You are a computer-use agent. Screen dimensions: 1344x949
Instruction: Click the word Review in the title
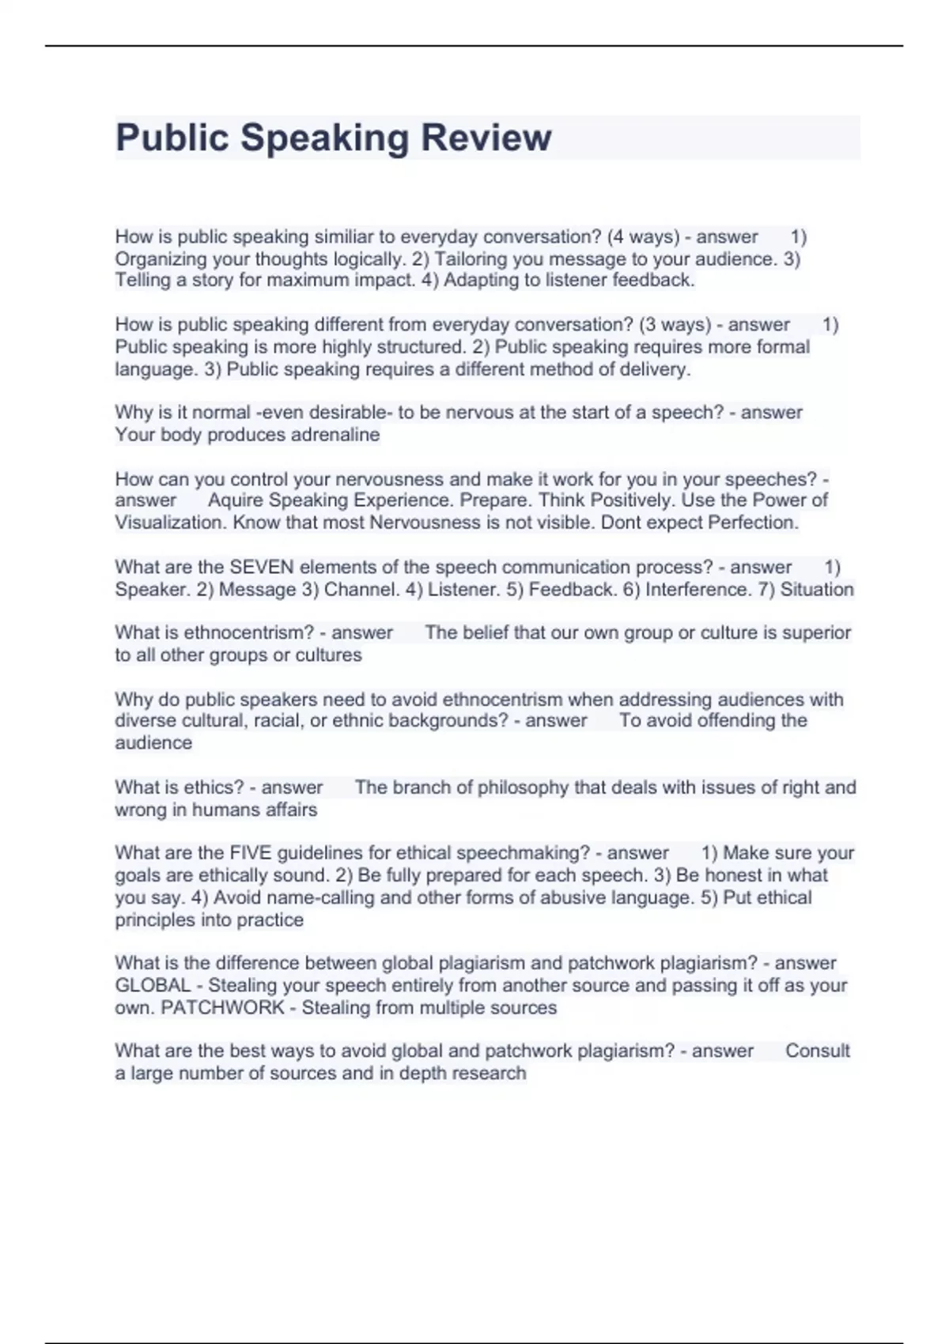(x=486, y=138)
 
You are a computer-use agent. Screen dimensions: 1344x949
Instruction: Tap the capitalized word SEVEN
(x=261, y=567)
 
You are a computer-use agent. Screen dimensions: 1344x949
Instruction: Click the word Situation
(x=816, y=590)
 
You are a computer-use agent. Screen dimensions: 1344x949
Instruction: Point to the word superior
(x=816, y=632)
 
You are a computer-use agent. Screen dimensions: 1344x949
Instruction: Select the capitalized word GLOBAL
(x=153, y=986)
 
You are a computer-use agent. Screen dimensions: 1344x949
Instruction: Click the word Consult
(x=817, y=1051)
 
